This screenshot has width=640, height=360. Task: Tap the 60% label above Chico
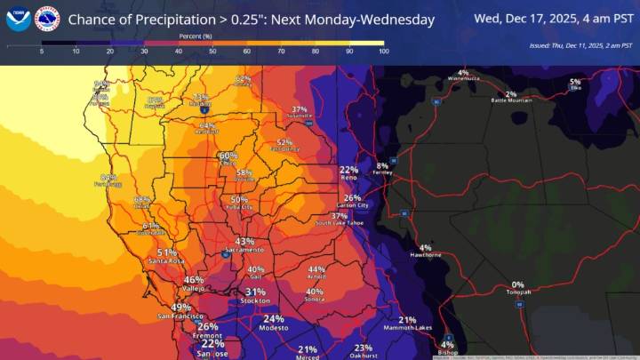[x=228, y=156]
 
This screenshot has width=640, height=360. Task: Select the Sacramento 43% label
[x=244, y=242]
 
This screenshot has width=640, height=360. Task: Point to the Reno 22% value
[x=348, y=170]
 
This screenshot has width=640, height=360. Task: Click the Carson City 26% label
[x=352, y=198]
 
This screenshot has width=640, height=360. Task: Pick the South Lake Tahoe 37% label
[x=340, y=216]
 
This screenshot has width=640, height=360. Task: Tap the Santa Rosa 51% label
[x=166, y=252]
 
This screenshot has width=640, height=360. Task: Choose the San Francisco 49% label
[x=180, y=308]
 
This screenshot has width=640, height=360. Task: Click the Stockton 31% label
[x=256, y=292]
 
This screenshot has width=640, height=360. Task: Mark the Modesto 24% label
[x=274, y=319]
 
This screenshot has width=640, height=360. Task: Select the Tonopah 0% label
[x=517, y=284]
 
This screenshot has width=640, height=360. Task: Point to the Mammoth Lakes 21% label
[x=407, y=320]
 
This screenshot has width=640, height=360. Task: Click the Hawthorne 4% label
[x=425, y=248]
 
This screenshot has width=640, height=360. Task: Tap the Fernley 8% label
[x=382, y=166]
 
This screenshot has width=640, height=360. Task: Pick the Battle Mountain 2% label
[x=510, y=94]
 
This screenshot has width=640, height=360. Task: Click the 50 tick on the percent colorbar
[x=213, y=52]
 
